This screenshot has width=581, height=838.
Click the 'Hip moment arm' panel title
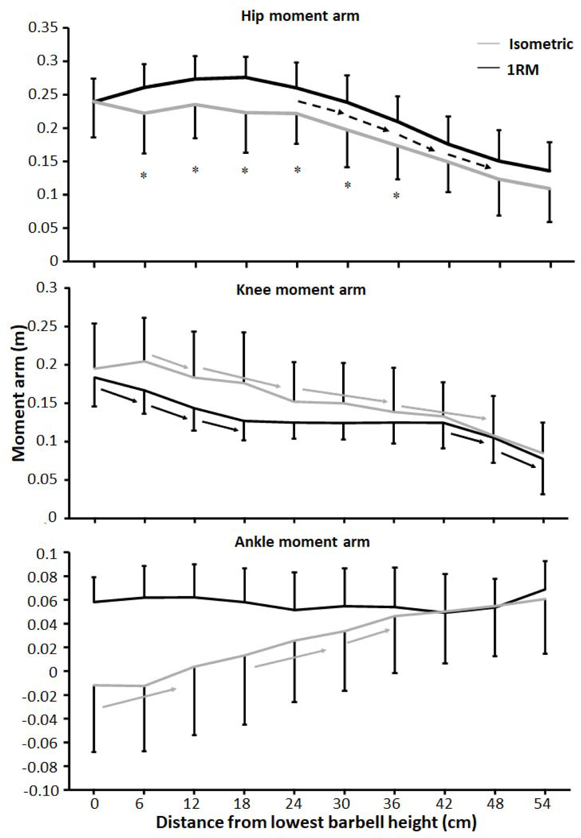pos(300,16)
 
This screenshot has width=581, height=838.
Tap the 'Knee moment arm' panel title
pos(301,290)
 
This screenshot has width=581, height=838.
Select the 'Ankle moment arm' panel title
pos(302,542)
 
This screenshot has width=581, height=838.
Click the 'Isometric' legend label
pos(541,44)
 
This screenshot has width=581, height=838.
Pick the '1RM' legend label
pos(523,70)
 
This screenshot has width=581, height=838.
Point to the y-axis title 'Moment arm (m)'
pos(19,392)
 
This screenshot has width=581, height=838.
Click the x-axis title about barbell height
pos(316,822)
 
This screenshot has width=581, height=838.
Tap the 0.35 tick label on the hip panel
pos(42,28)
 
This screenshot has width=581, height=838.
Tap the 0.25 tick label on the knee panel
pos(42,326)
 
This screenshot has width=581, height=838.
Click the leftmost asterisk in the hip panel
pos(144,175)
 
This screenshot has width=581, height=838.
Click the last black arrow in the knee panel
pos(519,460)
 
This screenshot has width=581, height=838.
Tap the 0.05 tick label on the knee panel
pos(42,480)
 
